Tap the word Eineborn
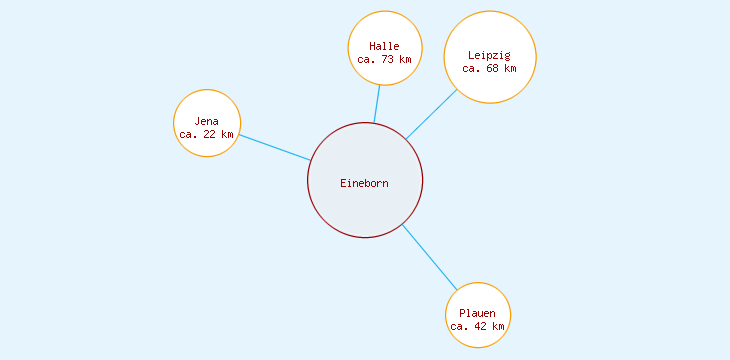click(365, 183)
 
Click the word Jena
click(207, 121)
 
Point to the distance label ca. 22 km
click(207, 134)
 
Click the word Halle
click(384, 46)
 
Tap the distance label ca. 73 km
click(384, 59)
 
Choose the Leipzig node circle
click(490, 35)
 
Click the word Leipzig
click(490, 55)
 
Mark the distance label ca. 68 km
click(490, 68)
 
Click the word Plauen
click(478, 313)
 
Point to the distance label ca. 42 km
click(478, 326)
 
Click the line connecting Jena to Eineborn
click(275, 147)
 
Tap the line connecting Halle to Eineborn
click(377, 104)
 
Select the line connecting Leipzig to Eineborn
click(431, 115)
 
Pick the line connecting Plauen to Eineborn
click(429, 257)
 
